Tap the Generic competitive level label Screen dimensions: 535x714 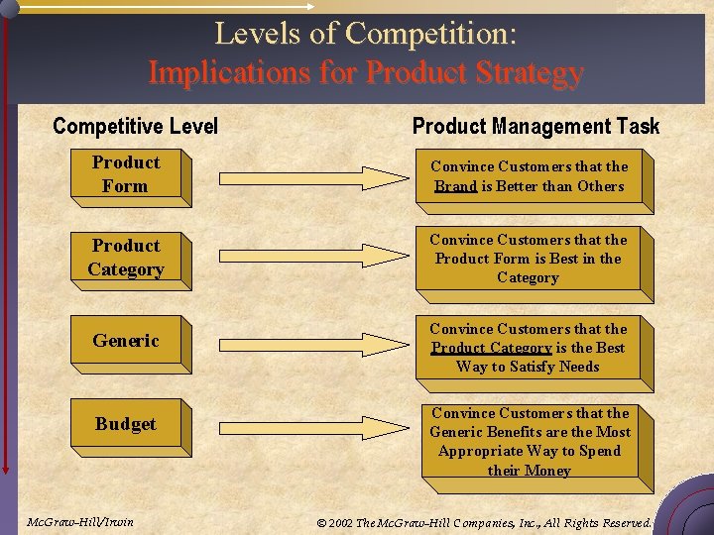[126, 341]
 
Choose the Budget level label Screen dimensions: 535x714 [126, 424]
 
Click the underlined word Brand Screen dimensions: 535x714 [455, 186]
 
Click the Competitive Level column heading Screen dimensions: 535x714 [135, 126]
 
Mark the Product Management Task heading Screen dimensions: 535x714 [535, 126]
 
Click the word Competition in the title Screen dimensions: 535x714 [430, 34]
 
